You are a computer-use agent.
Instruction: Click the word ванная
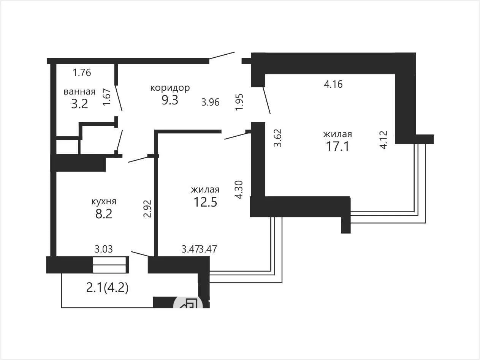(79, 92)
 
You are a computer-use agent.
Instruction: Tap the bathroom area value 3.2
(79, 104)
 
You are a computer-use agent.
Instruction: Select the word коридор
(170, 88)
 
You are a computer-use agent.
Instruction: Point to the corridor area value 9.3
(170, 100)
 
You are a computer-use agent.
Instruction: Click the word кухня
(104, 202)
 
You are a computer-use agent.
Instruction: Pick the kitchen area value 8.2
(104, 214)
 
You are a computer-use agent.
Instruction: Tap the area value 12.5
(205, 202)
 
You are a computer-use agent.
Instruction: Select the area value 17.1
(337, 146)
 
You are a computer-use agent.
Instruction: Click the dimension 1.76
(82, 73)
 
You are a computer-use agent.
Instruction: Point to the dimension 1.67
(107, 97)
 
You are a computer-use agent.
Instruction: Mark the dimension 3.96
(211, 102)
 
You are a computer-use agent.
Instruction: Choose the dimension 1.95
(239, 102)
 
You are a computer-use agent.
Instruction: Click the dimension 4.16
(333, 84)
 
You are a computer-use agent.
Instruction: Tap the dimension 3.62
(278, 138)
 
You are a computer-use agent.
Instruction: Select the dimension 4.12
(383, 140)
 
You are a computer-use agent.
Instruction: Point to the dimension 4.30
(239, 190)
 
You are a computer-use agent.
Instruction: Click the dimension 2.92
(147, 208)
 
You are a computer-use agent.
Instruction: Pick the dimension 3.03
(104, 249)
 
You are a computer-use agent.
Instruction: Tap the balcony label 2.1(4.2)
(107, 288)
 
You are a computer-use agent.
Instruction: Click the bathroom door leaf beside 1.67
(119, 98)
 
